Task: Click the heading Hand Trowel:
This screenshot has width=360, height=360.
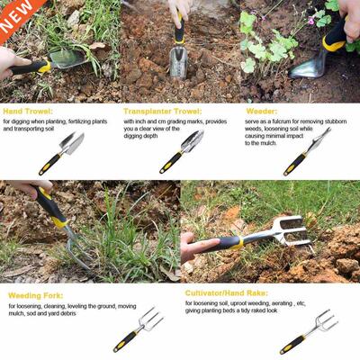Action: [x=26, y=111]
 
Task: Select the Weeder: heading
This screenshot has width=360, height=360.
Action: [x=261, y=111]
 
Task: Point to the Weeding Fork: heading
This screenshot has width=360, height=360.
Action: [x=36, y=294]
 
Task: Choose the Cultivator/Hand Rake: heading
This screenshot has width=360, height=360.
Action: [x=225, y=293]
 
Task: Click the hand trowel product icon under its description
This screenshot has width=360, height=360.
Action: [x=62, y=153]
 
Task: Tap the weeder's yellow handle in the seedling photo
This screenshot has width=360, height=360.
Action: [x=337, y=36]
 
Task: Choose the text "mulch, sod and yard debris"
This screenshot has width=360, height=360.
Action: [x=46, y=314]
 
